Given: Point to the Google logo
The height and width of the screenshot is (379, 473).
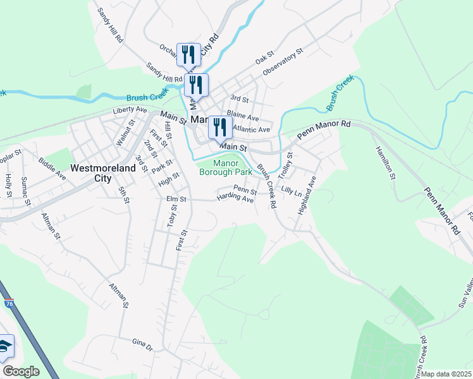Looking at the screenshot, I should tap(21, 371).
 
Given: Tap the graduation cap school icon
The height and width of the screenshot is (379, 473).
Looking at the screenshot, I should tap(5, 347).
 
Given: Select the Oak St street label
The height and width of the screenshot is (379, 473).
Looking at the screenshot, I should tap(263, 59).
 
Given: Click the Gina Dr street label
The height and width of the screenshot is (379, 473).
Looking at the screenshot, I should tap(142, 344).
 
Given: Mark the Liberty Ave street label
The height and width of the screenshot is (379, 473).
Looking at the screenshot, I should tap(130, 111).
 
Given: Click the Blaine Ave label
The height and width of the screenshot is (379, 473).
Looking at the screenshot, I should tap(243, 117).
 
